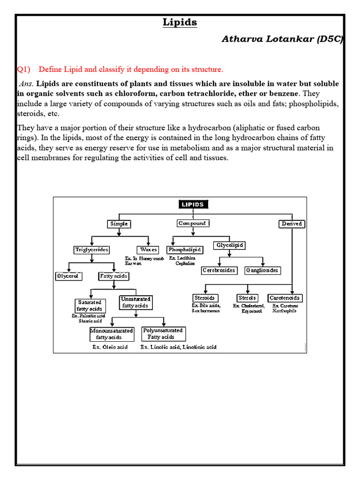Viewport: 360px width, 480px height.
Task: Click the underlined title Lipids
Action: (x=180, y=22)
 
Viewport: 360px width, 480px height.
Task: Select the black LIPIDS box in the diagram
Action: (x=193, y=204)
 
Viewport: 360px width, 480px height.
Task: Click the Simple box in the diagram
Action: (x=119, y=224)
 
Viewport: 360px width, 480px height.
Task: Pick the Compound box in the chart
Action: (x=192, y=224)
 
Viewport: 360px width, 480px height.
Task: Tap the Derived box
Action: (x=292, y=224)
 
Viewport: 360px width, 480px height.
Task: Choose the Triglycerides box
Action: (x=92, y=250)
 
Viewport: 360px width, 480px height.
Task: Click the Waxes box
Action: (x=148, y=250)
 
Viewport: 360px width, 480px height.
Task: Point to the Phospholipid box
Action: (x=185, y=250)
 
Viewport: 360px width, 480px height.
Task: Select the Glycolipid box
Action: (x=230, y=245)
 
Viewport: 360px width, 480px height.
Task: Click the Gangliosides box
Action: (x=262, y=270)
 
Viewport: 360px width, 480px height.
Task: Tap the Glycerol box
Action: (x=68, y=276)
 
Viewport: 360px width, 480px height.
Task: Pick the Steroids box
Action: (x=204, y=298)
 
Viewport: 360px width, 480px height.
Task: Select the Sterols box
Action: (x=247, y=298)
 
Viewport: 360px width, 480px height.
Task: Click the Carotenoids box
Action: (x=285, y=298)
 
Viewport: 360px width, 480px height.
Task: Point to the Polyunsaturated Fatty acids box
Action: (x=163, y=334)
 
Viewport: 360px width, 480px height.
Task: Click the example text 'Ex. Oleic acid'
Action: (x=110, y=347)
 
